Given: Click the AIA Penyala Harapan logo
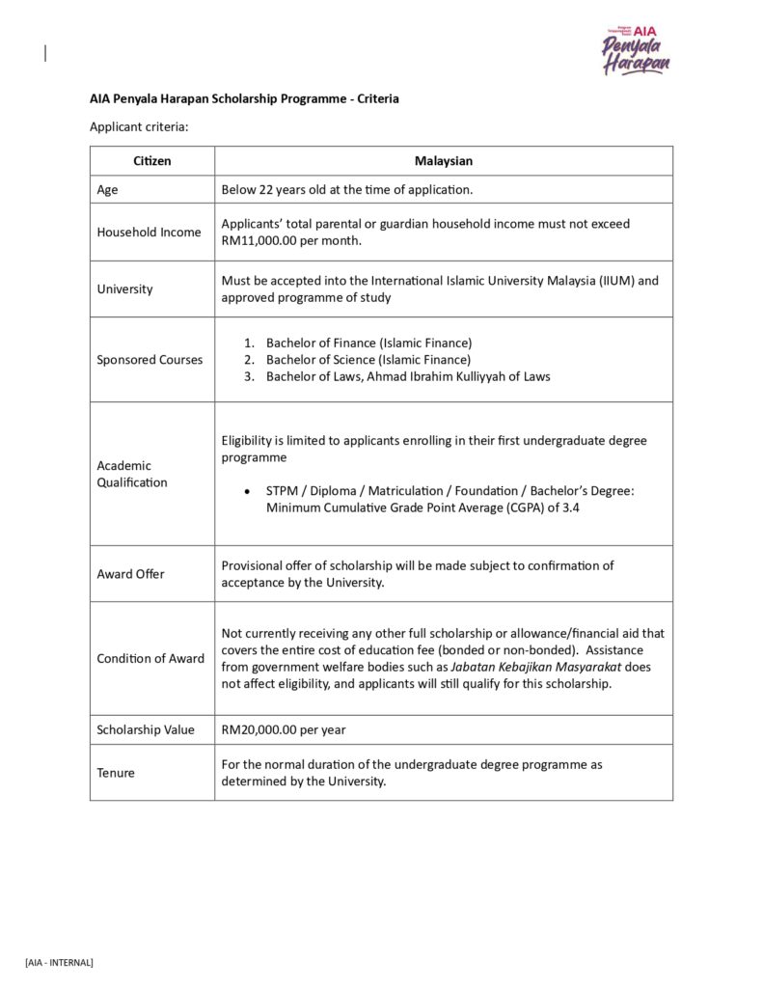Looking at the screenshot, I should [x=636, y=50].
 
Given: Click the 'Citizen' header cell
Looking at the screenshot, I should [x=151, y=161].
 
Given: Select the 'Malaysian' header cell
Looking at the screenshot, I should [x=444, y=161].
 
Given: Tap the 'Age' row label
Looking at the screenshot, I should [x=107, y=190].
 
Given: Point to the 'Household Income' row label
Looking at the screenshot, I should [x=149, y=233].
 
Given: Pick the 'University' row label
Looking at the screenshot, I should [x=124, y=289].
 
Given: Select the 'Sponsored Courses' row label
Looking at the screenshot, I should [x=150, y=360].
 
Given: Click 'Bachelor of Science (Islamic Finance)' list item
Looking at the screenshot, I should [x=368, y=360].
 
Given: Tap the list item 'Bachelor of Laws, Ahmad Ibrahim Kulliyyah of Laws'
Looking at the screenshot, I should [x=408, y=376].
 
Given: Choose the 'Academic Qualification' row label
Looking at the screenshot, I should [x=131, y=474].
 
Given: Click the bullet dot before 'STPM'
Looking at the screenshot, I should [x=248, y=492].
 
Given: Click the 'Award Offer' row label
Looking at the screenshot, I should [x=130, y=574].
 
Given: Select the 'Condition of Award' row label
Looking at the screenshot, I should [x=150, y=659].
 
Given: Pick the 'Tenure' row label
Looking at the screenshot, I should [x=116, y=773].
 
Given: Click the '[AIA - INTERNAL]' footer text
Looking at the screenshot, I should [x=59, y=962].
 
